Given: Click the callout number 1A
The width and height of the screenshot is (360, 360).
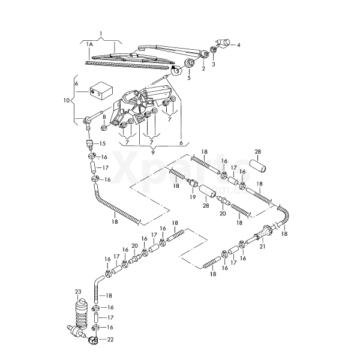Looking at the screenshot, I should [89, 45].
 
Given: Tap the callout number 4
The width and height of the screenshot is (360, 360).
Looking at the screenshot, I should [238, 45].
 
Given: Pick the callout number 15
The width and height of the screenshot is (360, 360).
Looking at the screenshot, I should [102, 143].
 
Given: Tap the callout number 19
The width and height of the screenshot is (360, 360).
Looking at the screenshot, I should [192, 197].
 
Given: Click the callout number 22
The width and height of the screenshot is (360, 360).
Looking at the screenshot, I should [109, 340].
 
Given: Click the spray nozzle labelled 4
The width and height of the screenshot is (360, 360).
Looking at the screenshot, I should [223, 43].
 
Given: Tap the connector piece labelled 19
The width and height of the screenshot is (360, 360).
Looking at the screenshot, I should [193, 185].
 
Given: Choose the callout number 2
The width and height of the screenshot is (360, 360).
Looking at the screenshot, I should [203, 68].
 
